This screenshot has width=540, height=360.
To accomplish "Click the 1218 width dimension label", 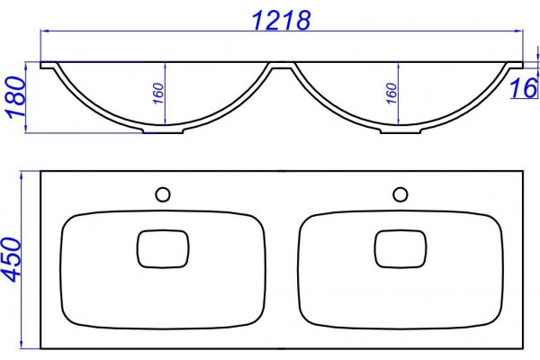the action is (x=282, y=20).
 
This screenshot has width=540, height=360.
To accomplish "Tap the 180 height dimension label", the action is (x=16, y=97).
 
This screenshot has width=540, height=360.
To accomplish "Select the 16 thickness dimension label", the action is (x=523, y=88).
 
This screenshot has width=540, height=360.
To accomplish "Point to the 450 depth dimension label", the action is (x=11, y=259).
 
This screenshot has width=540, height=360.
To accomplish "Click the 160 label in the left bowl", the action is (x=157, y=94).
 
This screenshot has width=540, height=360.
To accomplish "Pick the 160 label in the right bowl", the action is (x=391, y=94).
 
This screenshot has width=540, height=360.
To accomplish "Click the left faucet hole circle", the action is (x=163, y=194).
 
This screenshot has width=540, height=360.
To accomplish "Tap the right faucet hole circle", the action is (x=400, y=194).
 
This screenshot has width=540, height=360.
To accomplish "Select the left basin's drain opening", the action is (x=163, y=248).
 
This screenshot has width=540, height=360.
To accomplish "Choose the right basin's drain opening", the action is (x=400, y=248).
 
